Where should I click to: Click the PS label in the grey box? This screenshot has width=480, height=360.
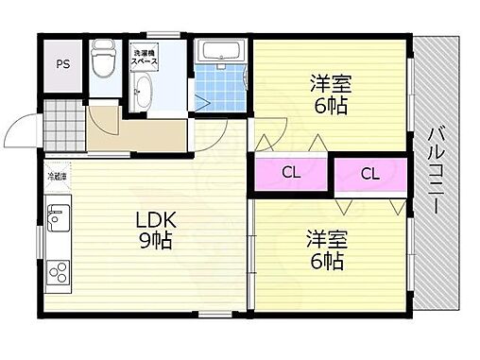pyautogui.click(x=64, y=64)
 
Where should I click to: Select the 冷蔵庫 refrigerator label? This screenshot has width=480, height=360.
pyautogui.click(x=59, y=176)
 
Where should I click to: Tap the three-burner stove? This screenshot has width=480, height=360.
pyautogui.click(x=56, y=271)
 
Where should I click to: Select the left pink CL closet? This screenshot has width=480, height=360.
pyautogui.click(x=290, y=173)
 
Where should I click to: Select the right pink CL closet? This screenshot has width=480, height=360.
pyautogui.click(x=369, y=173)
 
